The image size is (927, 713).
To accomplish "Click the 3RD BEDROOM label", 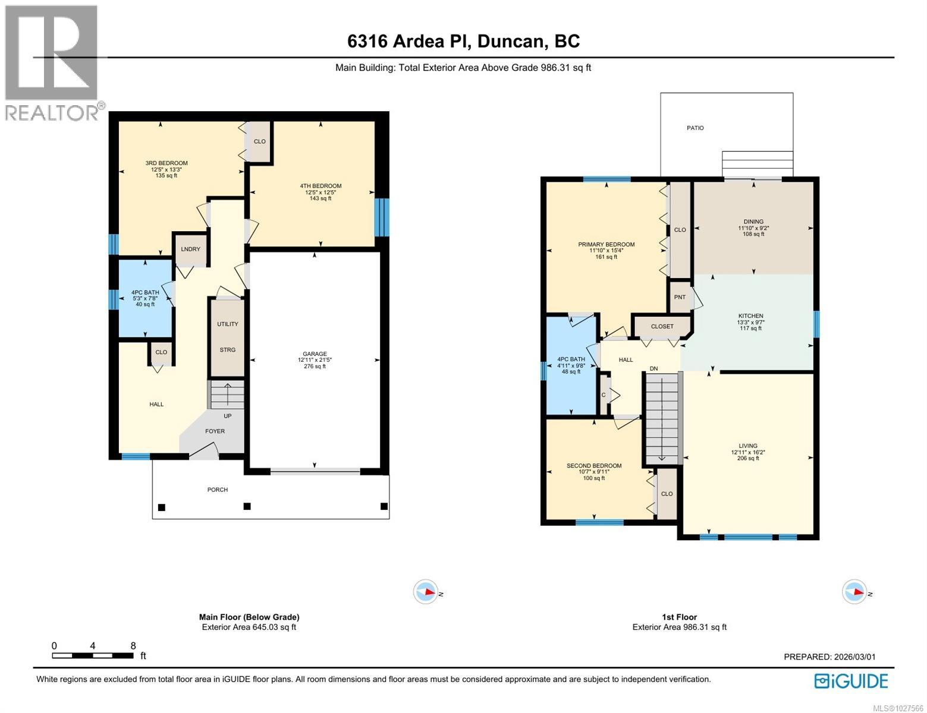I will (x=166, y=163).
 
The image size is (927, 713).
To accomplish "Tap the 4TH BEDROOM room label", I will (x=320, y=186).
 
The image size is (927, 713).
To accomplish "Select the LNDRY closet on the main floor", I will (x=190, y=249).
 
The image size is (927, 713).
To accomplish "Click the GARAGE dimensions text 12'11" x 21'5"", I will (x=315, y=360).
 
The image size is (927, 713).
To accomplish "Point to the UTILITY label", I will (x=227, y=324).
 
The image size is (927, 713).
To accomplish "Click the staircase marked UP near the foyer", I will (x=227, y=395).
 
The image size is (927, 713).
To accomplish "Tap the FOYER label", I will (x=215, y=431).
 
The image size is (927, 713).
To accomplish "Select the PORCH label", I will (x=218, y=490).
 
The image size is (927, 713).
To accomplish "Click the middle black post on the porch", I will (x=247, y=506).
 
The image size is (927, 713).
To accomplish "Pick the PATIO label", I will (x=695, y=128).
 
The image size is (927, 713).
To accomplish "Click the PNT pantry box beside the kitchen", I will (x=680, y=297).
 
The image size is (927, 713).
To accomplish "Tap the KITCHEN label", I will (x=750, y=316).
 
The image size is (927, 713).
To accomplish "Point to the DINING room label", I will (x=753, y=222).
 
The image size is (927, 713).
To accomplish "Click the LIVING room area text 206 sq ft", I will (x=748, y=458).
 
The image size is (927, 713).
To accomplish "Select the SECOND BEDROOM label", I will (x=594, y=466).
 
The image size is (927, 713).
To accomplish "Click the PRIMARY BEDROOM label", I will (x=606, y=244).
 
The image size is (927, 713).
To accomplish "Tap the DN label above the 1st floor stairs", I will (x=653, y=369).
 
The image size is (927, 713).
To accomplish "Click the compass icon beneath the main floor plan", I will (x=426, y=592).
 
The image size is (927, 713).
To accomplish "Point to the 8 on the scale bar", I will (x=133, y=646).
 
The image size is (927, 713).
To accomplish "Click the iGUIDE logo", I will (x=851, y=681).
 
